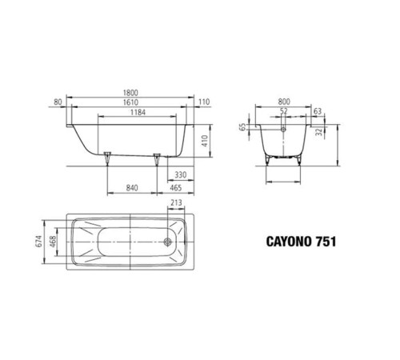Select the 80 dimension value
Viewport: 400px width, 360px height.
coord(58,103)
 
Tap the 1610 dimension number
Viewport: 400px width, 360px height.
coord(130,103)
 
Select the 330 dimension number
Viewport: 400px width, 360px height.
coord(181,174)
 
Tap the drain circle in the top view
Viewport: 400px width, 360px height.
coord(168,240)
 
